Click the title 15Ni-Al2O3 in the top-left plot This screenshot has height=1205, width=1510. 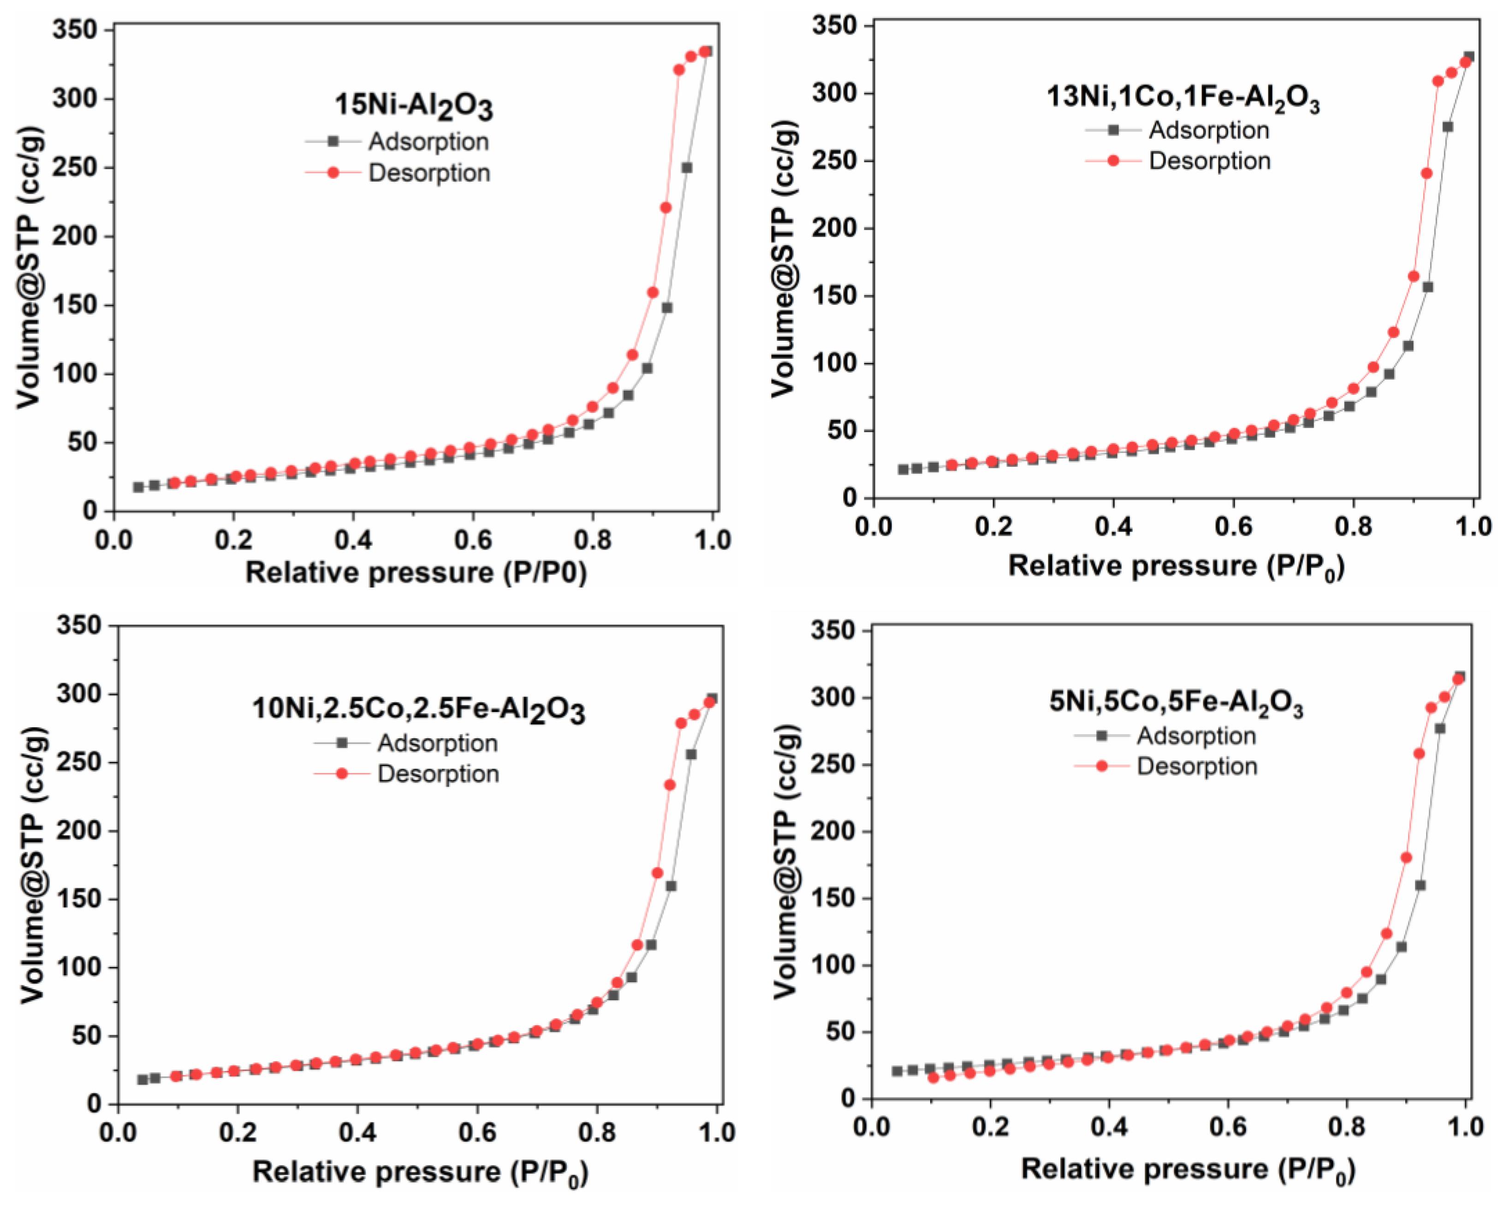(x=414, y=106)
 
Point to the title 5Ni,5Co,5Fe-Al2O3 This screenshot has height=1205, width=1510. (x=1176, y=701)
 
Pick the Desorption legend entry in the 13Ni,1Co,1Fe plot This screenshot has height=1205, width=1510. (x=1209, y=161)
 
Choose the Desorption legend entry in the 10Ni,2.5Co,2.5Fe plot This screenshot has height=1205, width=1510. (x=438, y=774)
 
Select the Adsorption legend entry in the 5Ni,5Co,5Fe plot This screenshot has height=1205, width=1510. (x=1195, y=736)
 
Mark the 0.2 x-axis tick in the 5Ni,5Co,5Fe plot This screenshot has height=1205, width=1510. (x=990, y=1127)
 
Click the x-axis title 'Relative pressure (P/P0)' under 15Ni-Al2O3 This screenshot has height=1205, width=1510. (x=416, y=573)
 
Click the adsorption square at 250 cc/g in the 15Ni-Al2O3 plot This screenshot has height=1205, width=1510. (x=687, y=168)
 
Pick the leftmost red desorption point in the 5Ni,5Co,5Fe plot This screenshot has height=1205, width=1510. (x=933, y=1078)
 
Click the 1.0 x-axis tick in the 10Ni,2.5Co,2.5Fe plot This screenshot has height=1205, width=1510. (x=716, y=1132)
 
